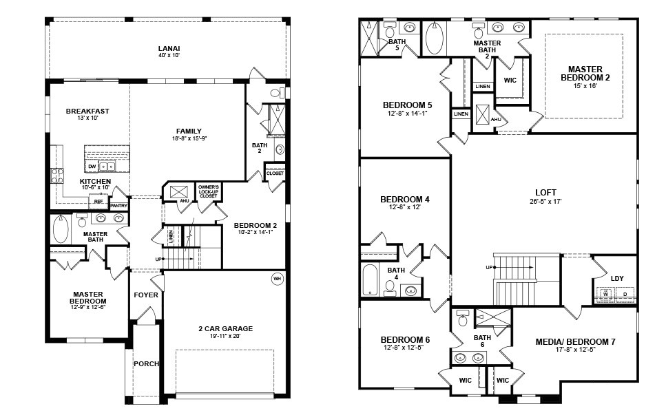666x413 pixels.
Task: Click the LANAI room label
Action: [169, 47]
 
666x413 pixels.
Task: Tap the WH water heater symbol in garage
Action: [278, 279]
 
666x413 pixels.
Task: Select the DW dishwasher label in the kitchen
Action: [92, 167]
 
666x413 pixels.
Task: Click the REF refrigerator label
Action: [98, 202]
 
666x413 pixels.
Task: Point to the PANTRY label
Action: [118, 205]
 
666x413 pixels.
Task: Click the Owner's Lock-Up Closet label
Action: [208, 191]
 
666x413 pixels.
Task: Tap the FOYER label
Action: [146, 295]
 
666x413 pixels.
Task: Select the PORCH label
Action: [146, 363]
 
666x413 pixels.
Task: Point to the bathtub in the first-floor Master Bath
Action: [61, 230]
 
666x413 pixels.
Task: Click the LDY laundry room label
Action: [617, 278]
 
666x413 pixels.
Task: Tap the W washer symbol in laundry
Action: [606, 295]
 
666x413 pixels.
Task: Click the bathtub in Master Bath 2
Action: [435, 39]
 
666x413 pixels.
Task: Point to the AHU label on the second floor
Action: [496, 119]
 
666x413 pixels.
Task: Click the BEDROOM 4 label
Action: [405, 200]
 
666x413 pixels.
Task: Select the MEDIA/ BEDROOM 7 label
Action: [575, 341]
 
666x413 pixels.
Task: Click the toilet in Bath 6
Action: [463, 319]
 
